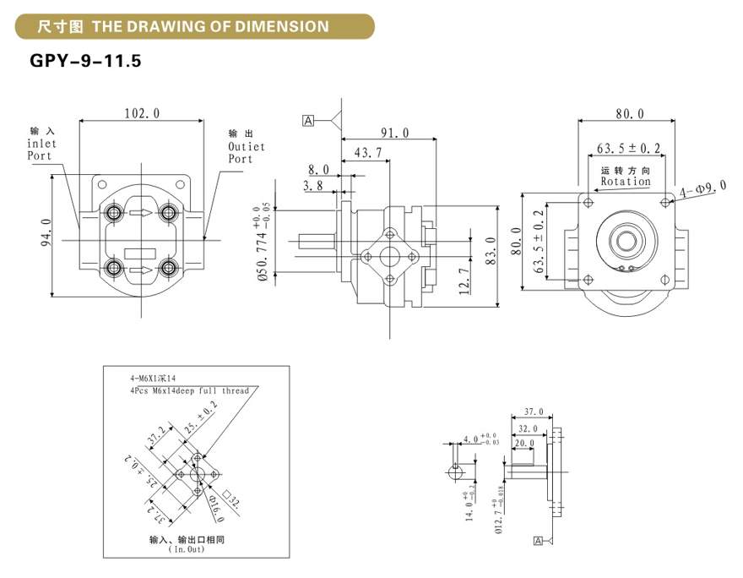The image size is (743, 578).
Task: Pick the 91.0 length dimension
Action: click(x=394, y=133)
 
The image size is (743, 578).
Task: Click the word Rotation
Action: click(x=625, y=181)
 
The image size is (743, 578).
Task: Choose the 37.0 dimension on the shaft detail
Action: click(x=534, y=411)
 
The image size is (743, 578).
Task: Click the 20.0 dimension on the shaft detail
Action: click(x=524, y=443)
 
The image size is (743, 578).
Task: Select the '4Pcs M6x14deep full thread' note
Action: click(x=189, y=391)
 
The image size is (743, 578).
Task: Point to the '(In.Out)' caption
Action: click(x=187, y=550)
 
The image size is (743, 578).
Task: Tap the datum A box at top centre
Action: click(x=308, y=121)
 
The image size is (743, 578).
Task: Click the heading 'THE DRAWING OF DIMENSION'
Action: click(x=210, y=26)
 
